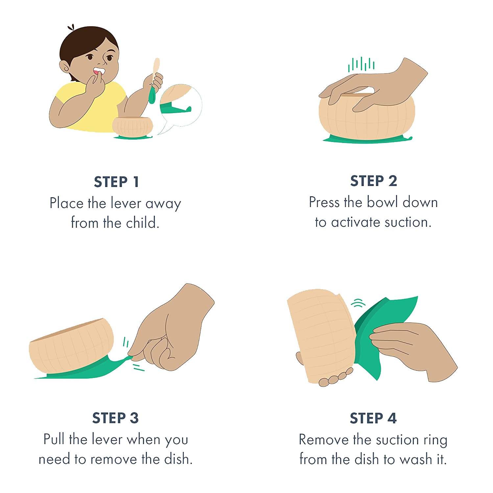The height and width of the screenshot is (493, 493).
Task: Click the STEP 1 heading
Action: coord(116,182)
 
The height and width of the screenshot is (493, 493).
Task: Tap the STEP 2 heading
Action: coord(374,181)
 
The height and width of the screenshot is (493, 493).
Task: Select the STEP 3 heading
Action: coord(115,418)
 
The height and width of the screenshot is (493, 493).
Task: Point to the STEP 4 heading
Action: coord(373,418)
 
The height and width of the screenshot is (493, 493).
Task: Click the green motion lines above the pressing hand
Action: coord(361,64)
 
